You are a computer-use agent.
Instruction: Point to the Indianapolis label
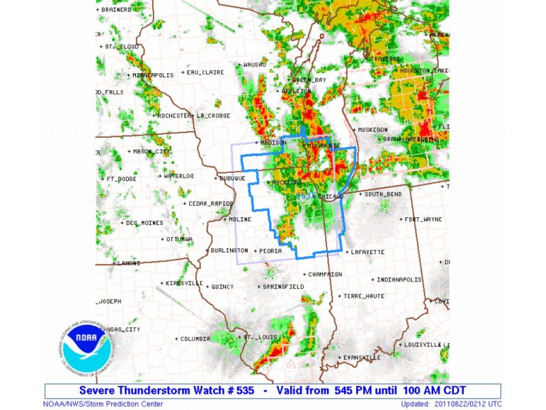(401, 279)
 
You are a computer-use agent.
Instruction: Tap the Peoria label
(270, 251)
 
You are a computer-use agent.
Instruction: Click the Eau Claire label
(205, 72)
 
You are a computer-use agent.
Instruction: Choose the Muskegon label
(372, 129)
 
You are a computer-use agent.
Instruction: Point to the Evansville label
(362, 357)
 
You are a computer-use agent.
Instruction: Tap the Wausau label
(254, 65)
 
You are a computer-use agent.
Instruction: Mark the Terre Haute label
(364, 296)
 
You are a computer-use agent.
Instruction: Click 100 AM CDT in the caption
(435, 391)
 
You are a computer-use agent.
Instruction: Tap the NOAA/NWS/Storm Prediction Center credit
(102, 404)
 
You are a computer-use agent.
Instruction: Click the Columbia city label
(195, 338)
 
